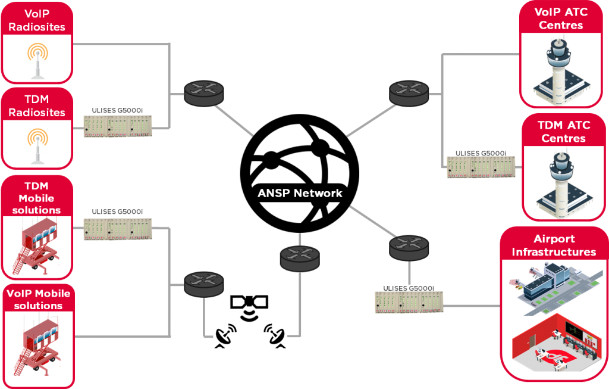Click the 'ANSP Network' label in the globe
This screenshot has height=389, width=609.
coord(300,193)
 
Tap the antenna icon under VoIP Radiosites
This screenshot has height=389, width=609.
coord(37,60)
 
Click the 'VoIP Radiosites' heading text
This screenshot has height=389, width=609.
coord(37,20)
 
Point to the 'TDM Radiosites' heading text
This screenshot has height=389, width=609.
coord(37,105)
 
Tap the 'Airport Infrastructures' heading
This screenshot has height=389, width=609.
coord(554,245)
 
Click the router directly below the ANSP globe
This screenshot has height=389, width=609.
coord(300,257)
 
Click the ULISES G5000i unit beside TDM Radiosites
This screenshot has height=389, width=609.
coord(118,126)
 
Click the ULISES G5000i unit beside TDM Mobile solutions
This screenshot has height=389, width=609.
coord(118,229)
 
